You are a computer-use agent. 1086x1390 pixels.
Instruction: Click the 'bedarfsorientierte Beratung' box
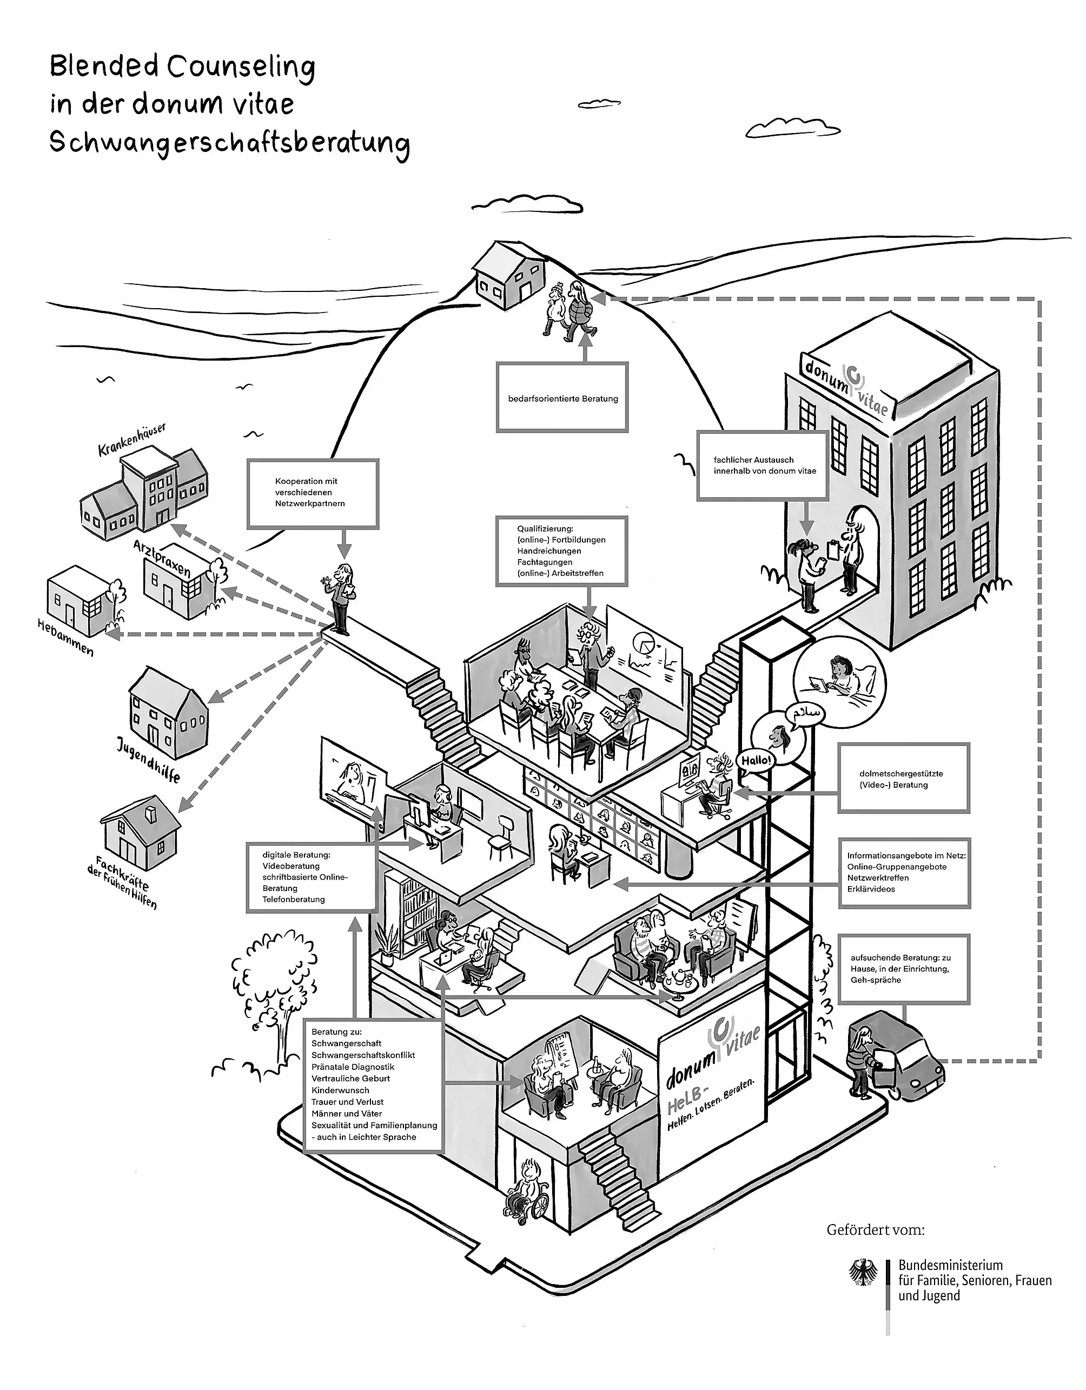click(x=562, y=398)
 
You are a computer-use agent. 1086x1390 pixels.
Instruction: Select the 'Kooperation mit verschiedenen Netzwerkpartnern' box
click(x=313, y=493)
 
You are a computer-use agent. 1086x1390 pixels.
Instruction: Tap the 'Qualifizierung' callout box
click(x=561, y=550)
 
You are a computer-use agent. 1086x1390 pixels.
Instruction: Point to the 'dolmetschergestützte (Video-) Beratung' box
click(x=903, y=779)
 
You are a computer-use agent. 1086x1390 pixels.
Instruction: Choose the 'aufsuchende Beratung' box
click(x=903, y=969)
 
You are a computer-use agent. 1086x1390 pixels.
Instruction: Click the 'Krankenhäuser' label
click(x=132, y=440)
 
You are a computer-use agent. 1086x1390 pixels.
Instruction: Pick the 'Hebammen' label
click(x=65, y=638)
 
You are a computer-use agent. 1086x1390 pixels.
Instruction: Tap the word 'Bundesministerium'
click(x=950, y=1265)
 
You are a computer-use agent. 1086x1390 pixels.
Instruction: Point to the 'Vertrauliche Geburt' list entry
click(x=351, y=1078)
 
